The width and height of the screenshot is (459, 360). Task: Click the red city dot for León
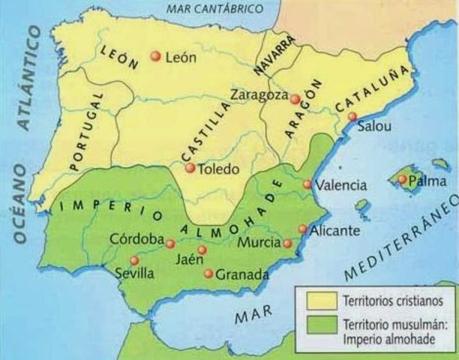click(155, 55)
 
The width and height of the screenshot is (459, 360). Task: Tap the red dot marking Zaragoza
click(295, 99)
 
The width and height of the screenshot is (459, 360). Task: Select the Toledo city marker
click(190, 169)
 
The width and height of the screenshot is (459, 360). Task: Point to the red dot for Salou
click(352, 116)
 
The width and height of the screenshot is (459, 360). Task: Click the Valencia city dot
click(307, 184)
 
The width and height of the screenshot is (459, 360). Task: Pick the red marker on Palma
click(403, 179)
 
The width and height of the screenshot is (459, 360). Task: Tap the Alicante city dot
click(302, 229)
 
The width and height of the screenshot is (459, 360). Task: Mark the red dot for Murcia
click(287, 243)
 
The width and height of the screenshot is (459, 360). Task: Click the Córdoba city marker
click(170, 244)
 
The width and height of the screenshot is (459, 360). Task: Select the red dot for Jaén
click(202, 250)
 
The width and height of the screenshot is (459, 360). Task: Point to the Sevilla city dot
click(134, 260)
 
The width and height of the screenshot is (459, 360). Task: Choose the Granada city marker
click(208, 274)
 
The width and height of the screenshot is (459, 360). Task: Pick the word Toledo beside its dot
click(218, 169)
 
